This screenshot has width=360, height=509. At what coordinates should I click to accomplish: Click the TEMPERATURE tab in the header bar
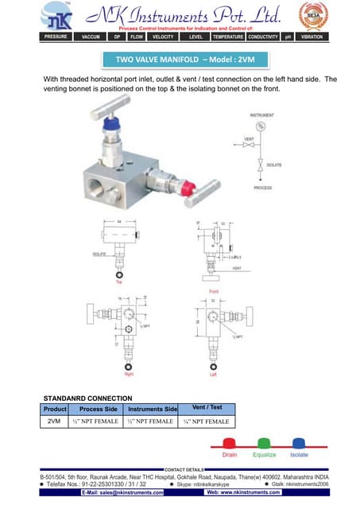[228, 37]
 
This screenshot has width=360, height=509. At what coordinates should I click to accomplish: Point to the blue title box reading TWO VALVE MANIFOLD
[180, 60]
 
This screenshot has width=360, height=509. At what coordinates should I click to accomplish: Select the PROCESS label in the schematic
[262, 188]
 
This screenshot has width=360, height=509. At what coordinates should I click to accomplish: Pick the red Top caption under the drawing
[119, 282]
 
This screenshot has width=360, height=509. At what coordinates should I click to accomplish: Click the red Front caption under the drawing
[213, 292]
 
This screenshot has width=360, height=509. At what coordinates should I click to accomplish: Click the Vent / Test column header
[206, 408]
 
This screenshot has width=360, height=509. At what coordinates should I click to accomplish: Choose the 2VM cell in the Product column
[55, 421]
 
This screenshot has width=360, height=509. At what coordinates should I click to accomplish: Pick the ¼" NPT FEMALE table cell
[206, 422]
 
